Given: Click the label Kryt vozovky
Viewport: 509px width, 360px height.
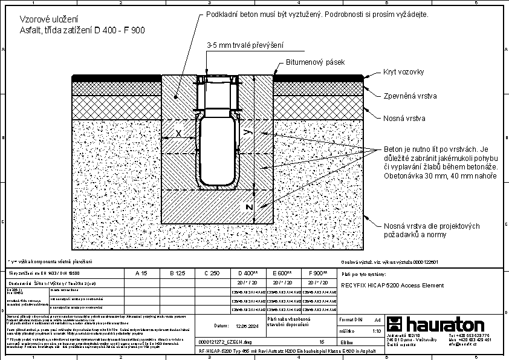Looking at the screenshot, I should coord(403,72).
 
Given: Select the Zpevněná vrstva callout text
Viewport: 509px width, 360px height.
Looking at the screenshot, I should coord(410,96).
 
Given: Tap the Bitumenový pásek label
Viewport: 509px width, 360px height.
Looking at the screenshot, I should coord(315,62).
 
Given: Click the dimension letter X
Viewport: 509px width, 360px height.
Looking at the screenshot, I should coord(178,133).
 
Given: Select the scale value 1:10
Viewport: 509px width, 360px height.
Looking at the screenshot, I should coord(376,331).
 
